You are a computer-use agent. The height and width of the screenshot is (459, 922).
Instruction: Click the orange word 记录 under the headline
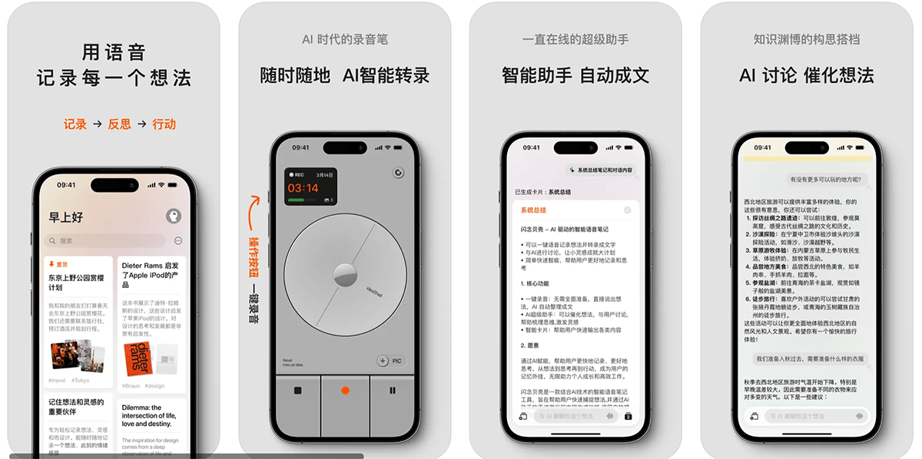[75, 124]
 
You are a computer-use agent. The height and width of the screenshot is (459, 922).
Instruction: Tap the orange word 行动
[164, 124]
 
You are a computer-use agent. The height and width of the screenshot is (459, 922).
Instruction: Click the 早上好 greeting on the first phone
[66, 217]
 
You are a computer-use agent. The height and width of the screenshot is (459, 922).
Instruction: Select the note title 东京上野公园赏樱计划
[77, 282]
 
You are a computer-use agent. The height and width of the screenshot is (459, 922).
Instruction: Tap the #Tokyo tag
[81, 380]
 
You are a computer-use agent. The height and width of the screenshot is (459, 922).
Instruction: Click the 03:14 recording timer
[303, 188]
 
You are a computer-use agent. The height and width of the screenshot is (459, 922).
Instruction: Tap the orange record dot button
[345, 391]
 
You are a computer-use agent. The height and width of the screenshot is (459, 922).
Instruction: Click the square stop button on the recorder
[297, 391]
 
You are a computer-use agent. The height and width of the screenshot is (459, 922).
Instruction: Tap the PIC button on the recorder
[390, 361]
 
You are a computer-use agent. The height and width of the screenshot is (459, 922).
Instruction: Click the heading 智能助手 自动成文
[575, 75]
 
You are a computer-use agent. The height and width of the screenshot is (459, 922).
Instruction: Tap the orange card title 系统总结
[533, 210]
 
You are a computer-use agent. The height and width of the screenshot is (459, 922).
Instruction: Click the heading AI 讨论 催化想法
[806, 75]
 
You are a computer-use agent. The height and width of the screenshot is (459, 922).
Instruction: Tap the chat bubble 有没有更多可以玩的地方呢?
[827, 179]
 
